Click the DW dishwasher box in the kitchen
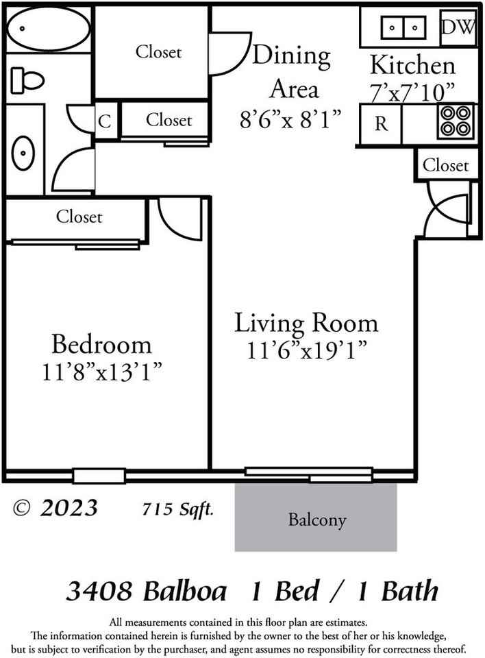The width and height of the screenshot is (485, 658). (458, 27)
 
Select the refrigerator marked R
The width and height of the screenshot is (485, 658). (381, 124)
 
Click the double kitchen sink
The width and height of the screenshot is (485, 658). (403, 28)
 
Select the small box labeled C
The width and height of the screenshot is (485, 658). (105, 121)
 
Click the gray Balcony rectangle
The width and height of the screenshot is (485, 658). (316, 518)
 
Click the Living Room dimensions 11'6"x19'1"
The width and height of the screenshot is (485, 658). (306, 350)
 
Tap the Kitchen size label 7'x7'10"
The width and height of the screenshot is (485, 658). (412, 93)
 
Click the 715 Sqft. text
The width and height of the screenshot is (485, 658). (177, 509)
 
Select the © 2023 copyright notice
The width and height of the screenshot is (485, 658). (55, 508)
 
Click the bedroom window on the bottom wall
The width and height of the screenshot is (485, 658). (99, 475)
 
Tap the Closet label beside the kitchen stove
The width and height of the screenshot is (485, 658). (445, 165)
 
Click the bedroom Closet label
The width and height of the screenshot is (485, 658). (79, 217)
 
